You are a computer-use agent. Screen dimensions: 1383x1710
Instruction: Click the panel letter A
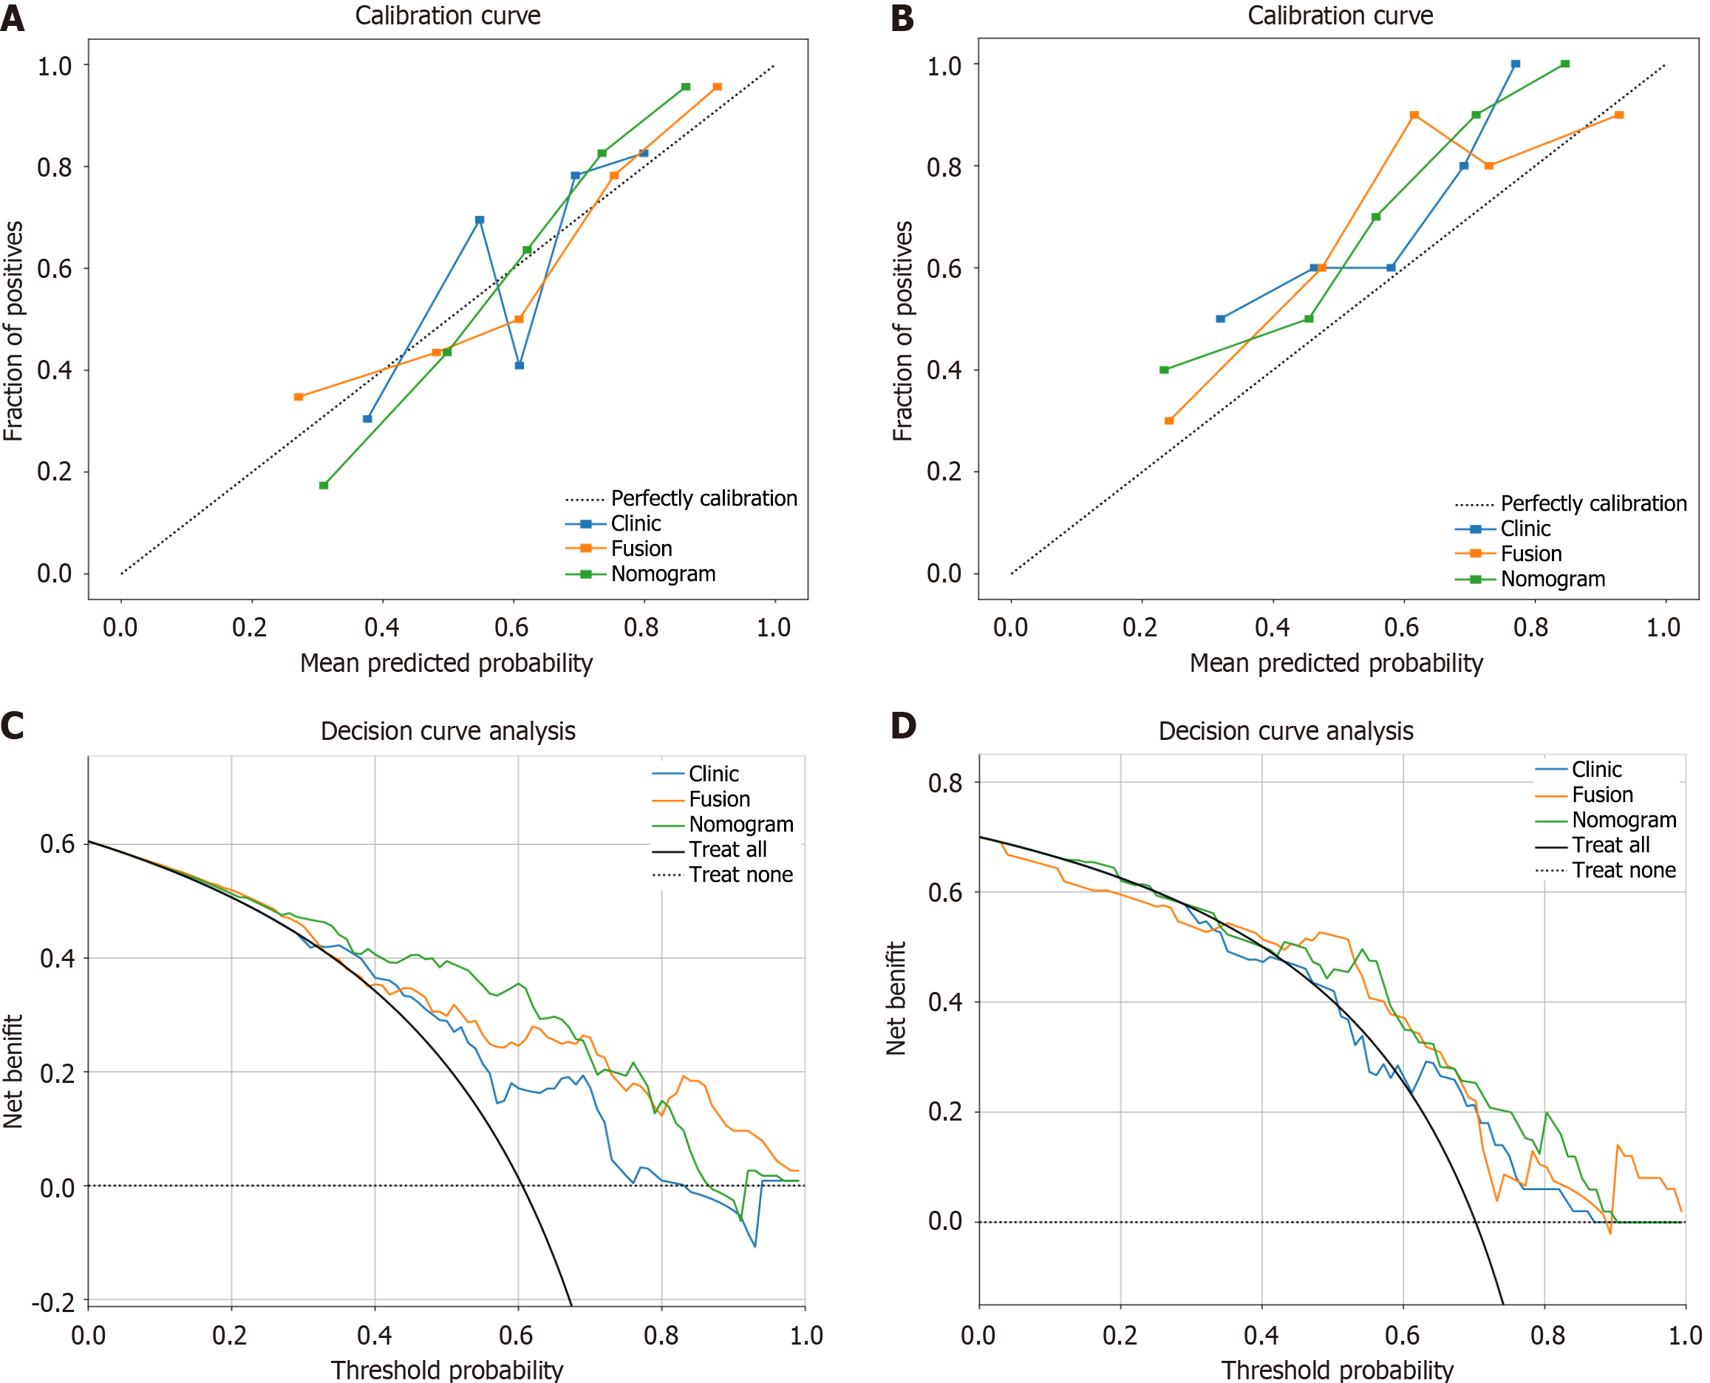click(13, 18)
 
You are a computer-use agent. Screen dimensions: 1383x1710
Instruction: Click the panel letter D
click(903, 725)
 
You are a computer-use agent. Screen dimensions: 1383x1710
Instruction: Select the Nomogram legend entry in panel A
click(663, 574)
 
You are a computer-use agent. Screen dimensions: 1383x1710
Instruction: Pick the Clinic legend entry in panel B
click(1525, 529)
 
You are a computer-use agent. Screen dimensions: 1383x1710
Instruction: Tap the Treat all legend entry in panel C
click(727, 849)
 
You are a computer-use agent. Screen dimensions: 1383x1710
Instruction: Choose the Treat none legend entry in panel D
click(1624, 870)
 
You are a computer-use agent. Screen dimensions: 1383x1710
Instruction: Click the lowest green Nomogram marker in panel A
click(324, 485)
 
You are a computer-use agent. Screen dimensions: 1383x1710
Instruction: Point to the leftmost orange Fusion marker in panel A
click(299, 397)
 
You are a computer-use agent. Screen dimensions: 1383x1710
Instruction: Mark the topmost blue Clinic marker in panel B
click(1516, 64)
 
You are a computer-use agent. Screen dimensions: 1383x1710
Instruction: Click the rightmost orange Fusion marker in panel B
click(1619, 115)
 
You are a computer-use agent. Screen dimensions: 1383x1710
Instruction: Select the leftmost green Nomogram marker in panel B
click(1165, 370)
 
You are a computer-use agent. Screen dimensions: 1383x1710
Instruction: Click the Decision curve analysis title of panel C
click(448, 731)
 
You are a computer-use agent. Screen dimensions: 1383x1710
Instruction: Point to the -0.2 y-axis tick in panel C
click(54, 1302)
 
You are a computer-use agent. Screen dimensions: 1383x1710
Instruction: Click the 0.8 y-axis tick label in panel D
click(944, 783)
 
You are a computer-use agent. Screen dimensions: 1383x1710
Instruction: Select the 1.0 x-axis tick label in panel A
click(774, 628)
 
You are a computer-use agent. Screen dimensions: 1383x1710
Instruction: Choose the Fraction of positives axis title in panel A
click(13, 330)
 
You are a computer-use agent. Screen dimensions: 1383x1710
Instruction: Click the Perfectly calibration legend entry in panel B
click(1593, 503)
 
